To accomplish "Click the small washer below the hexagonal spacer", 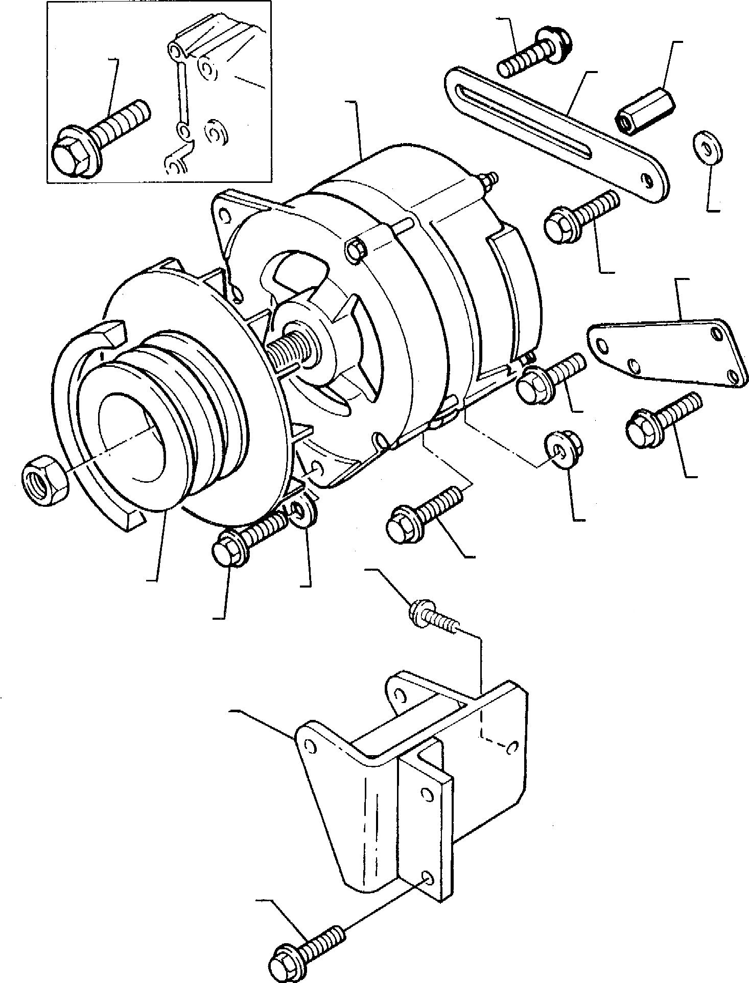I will click(708, 148).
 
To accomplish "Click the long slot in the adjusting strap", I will click(526, 122).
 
